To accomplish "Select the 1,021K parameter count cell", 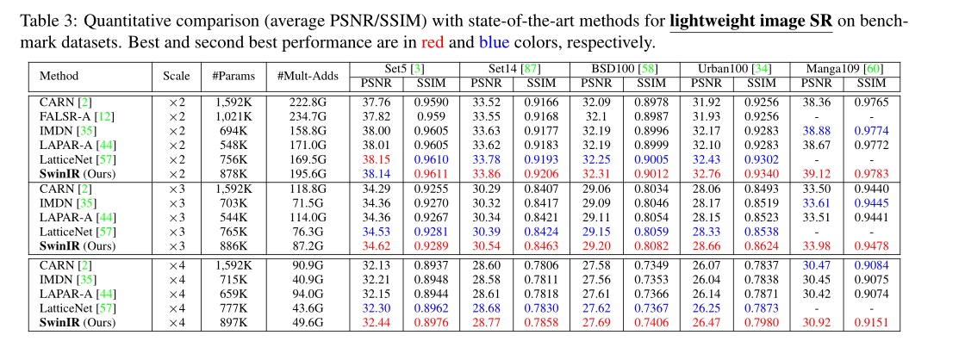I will tap(232, 116).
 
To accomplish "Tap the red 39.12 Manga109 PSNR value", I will tap(818, 172).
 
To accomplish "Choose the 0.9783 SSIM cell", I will tap(871, 172).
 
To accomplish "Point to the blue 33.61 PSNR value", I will tap(818, 203).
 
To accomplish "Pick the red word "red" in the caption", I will tap(433, 41).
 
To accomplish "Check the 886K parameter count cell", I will tap(232, 245).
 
